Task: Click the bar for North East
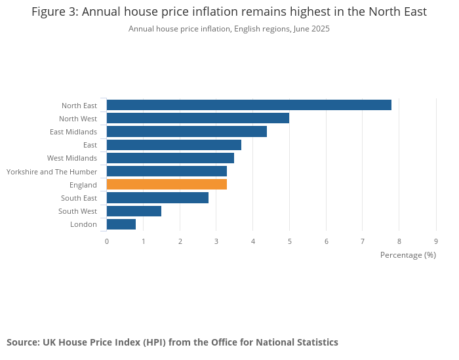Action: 249,105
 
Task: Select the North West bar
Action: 197,118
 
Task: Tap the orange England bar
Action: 167,184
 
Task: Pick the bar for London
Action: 121,224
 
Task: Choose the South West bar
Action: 134,211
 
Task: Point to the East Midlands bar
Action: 186,131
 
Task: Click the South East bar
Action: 157,197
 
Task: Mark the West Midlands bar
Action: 170,158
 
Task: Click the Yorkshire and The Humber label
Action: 52,172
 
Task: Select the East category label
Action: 90,145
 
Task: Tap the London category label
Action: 83,224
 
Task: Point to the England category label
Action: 83,185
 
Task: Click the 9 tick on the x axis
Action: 436,241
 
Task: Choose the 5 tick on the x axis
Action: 289,241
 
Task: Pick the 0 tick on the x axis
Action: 107,241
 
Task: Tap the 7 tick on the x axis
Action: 363,241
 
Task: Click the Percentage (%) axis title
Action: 408,254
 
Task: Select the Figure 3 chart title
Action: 229,12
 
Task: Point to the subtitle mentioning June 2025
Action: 229,29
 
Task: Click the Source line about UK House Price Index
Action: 172,342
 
